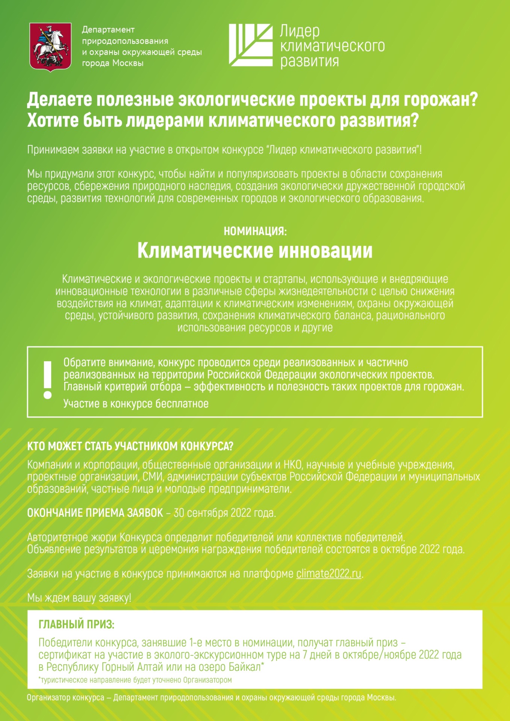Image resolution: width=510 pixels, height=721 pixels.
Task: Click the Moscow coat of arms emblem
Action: [x=50, y=47]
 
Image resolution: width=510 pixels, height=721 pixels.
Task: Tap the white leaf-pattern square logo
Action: [x=251, y=45]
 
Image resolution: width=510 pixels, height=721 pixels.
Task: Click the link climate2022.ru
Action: [x=329, y=574]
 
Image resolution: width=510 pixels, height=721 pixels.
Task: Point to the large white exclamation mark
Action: [x=47, y=380]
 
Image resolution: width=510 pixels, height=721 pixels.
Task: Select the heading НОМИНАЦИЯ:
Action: [x=255, y=231]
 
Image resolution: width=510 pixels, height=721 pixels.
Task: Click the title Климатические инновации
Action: [x=255, y=251]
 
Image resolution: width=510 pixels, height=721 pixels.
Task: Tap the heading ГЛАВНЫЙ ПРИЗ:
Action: [x=76, y=624]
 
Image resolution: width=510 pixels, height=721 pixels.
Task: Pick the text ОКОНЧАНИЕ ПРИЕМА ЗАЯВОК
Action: [x=95, y=513]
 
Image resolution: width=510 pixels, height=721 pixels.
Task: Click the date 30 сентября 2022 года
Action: [x=224, y=513]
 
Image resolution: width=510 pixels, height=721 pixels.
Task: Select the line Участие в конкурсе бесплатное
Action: [x=136, y=404]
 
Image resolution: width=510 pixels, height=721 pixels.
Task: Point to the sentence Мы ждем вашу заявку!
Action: [x=79, y=598]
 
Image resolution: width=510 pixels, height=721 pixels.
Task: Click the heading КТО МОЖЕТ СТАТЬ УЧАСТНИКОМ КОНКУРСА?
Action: [x=130, y=446]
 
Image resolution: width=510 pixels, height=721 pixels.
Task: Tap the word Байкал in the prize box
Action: [x=244, y=667]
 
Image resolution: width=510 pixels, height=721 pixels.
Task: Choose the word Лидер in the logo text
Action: [x=300, y=31]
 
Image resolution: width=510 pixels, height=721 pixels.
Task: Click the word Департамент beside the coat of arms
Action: [x=108, y=30]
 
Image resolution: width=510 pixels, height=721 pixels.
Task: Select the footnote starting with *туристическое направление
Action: [x=135, y=680]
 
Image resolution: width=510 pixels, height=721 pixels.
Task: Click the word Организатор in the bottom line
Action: [x=48, y=698]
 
